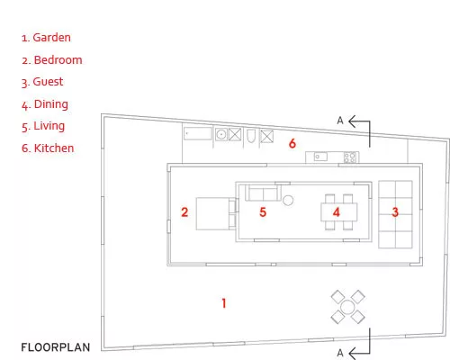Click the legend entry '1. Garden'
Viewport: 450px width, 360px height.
click(x=46, y=38)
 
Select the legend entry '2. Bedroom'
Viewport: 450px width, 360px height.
click(x=51, y=60)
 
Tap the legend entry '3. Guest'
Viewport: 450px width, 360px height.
click(x=42, y=82)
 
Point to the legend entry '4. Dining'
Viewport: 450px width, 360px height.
click(x=45, y=104)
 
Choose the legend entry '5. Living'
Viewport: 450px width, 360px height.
click(x=43, y=126)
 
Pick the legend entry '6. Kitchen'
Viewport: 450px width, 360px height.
click(x=48, y=148)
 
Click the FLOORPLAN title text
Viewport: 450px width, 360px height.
click(x=56, y=347)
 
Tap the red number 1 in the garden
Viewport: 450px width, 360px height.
click(x=224, y=303)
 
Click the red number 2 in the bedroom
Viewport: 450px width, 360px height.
click(x=184, y=212)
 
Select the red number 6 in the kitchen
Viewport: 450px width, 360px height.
click(x=292, y=143)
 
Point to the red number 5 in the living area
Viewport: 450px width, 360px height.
click(x=263, y=212)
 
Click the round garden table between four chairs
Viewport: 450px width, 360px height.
click(x=347, y=307)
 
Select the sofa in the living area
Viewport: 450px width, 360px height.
click(x=263, y=193)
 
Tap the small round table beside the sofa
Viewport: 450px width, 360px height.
click(x=288, y=200)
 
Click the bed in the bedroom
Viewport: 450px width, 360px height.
click(x=216, y=213)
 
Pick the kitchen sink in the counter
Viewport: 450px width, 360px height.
click(x=320, y=157)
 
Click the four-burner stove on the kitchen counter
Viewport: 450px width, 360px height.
click(x=350, y=157)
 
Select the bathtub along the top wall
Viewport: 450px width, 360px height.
click(x=198, y=133)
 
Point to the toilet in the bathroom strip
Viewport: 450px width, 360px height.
click(x=251, y=136)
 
